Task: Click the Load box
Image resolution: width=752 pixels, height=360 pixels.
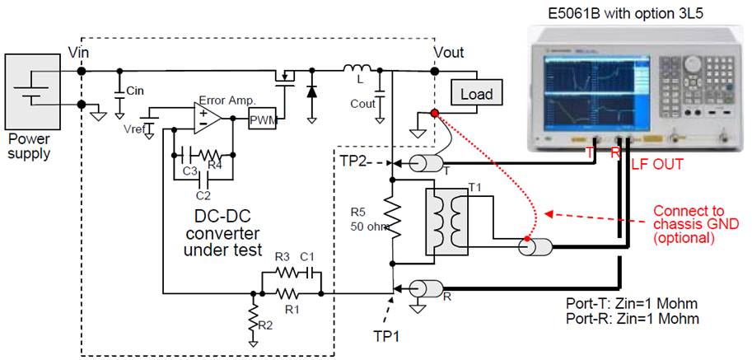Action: (476, 93)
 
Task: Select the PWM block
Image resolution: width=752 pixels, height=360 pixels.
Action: (264, 119)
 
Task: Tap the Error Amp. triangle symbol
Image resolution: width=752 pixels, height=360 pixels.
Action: (206, 119)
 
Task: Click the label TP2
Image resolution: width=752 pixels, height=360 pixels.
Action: (355, 161)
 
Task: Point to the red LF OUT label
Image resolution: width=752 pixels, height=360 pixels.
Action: (656, 165)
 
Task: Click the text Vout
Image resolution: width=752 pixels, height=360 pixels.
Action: (448, 52)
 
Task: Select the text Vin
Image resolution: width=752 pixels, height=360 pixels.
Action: (80, 52)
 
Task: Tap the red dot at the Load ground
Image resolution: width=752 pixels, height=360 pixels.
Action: (434, 115)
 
